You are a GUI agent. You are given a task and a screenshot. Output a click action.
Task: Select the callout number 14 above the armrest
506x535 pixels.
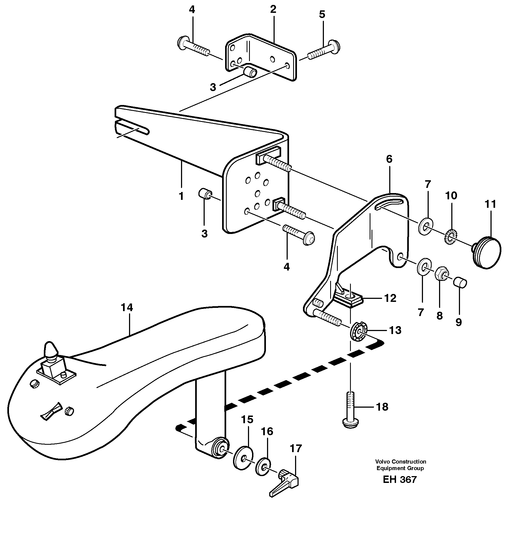coord(127,308)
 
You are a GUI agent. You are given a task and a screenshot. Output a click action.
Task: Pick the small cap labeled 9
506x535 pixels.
coord(460,282)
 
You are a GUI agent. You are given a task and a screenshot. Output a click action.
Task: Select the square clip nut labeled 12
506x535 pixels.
coord(350,299)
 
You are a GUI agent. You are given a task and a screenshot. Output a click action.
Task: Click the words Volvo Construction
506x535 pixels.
coord(400,461)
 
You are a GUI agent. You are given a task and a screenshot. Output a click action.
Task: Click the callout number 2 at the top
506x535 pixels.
coord(273,10)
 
